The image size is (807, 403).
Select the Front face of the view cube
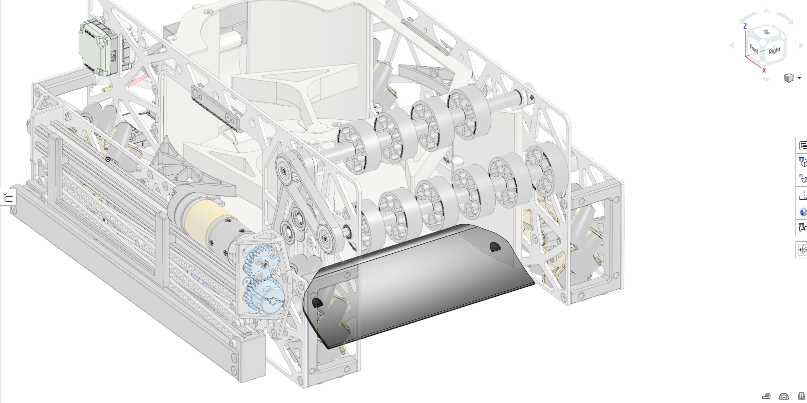point(754,49)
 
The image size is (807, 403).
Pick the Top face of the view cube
point(766,33)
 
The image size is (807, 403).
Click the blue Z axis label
point(745,26)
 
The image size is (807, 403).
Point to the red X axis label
point(764,70)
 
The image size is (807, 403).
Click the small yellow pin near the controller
point(107,89)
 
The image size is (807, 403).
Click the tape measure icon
point(766,396)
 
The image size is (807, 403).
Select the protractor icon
point(784,396)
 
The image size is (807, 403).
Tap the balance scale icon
point(801,396)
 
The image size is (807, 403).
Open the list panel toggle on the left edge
point(8,197)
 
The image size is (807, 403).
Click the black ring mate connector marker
point(108,159)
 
